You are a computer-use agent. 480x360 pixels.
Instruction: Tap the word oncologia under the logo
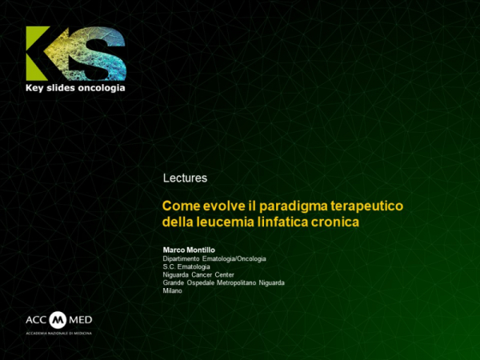pos(101,87)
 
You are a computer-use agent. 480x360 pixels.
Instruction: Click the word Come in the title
pos(180,205)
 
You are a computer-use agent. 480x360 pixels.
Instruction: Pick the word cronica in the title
pos(338,220)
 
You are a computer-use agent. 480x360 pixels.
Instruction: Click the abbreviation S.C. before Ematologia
pos(169,266)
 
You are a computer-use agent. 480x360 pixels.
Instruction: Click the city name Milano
pos(172,290)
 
